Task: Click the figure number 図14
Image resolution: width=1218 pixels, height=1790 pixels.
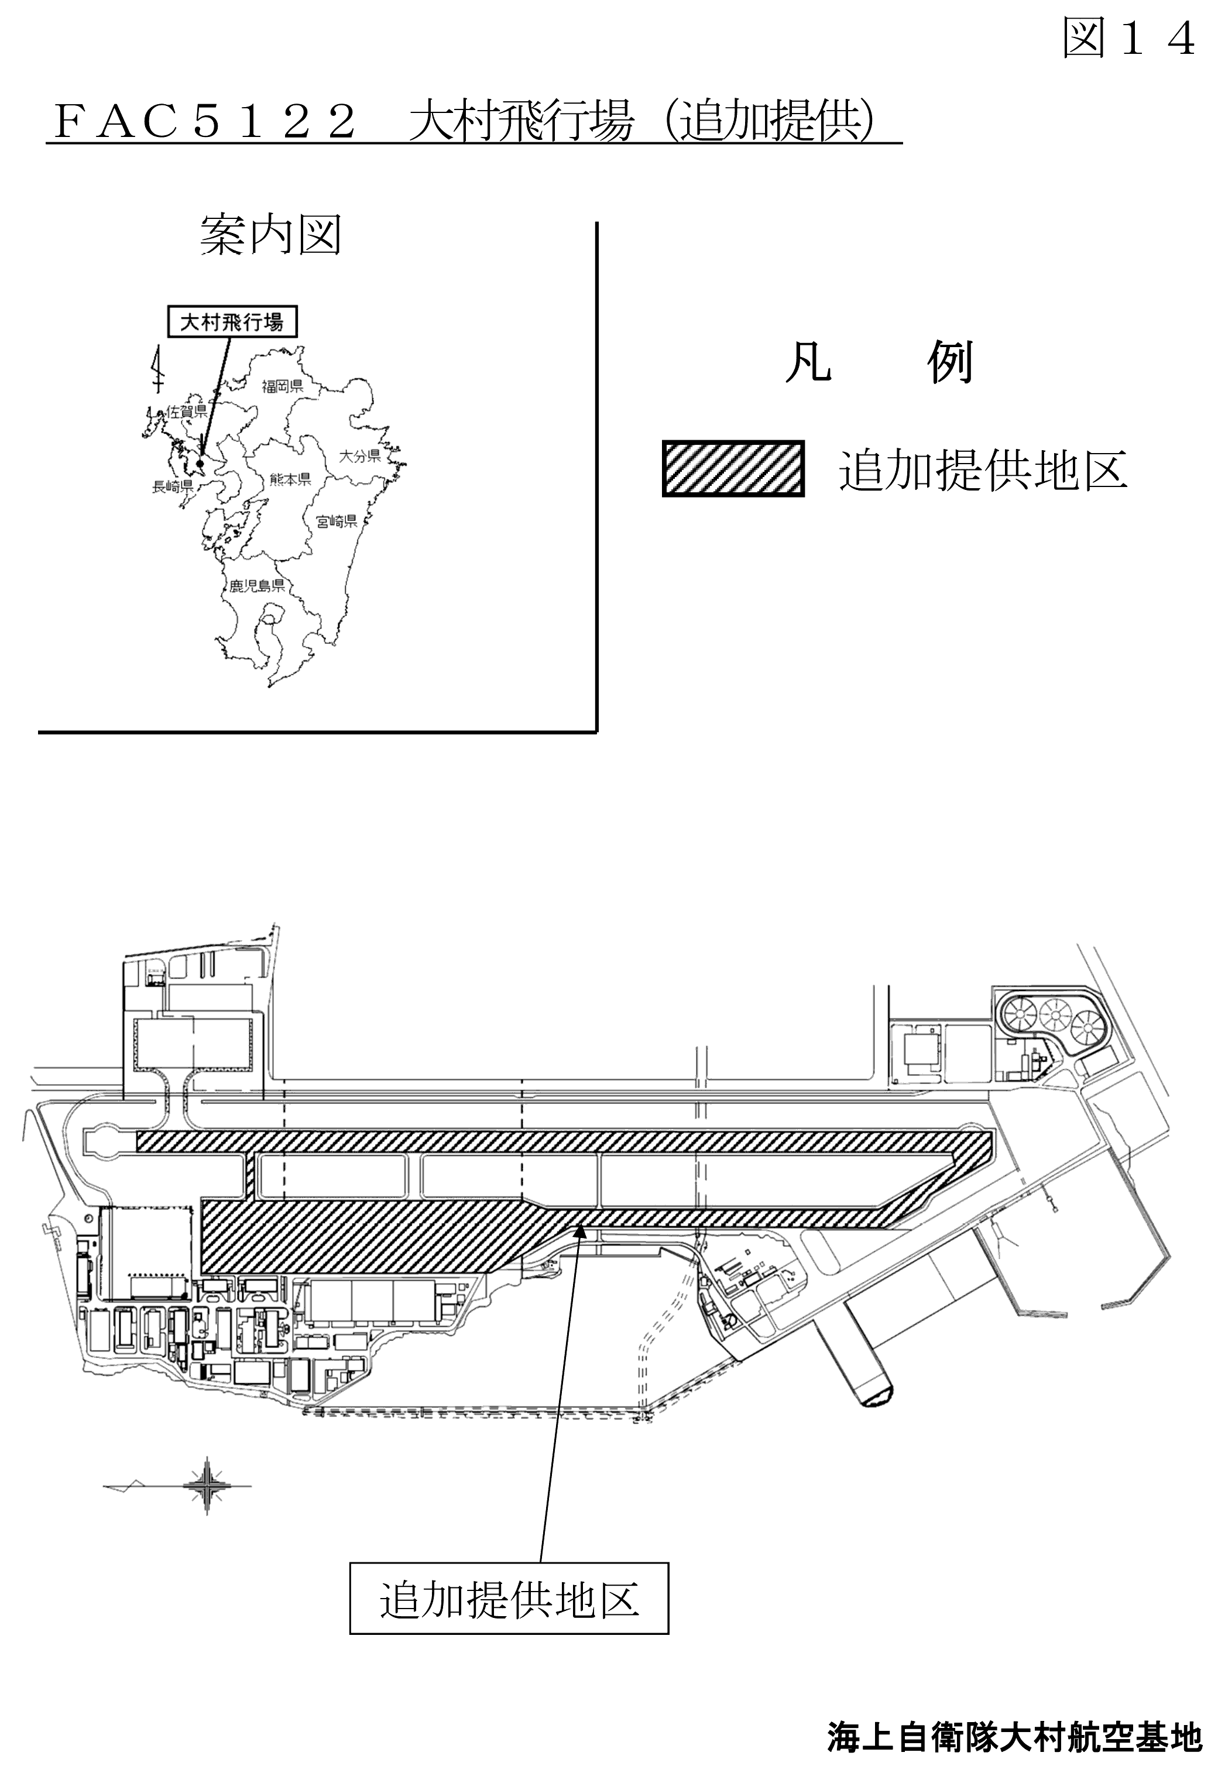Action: (1128, 37)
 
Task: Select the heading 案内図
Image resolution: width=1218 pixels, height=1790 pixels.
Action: (270, 234)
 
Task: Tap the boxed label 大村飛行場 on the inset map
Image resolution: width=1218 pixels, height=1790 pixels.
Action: (232, 322)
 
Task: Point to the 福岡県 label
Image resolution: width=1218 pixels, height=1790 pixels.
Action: (283, 386)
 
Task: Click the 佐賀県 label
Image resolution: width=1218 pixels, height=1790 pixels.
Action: (187, 412)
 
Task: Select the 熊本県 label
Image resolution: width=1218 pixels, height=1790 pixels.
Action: (290, 479)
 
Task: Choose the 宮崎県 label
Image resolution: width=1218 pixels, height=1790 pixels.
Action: (337, 522)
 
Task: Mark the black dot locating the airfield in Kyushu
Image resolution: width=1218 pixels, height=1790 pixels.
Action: (200, 464)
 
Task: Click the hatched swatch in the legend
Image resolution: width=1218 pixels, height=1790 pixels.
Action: (733, 468)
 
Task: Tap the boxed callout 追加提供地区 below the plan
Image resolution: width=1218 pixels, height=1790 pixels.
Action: (509, 1600)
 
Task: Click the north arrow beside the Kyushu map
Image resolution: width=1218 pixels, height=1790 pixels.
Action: (159, 370)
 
